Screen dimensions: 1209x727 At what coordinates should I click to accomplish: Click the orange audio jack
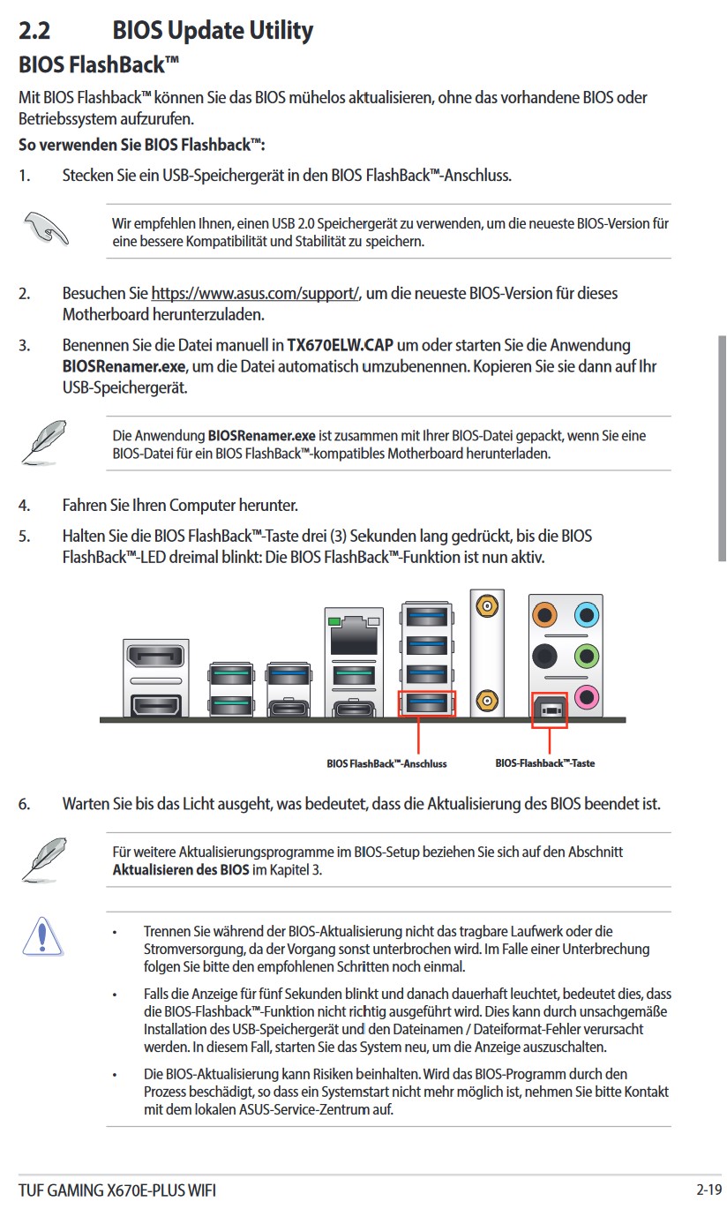(x=546, y=614)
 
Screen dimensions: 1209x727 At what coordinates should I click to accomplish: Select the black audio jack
(x=546, y=656)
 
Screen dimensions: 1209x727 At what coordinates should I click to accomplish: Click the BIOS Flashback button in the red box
(x=550, y=709)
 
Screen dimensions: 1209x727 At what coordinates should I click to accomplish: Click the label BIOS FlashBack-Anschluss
(x=386, y=763)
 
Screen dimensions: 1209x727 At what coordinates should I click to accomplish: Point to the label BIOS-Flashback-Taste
(x=544, y=763)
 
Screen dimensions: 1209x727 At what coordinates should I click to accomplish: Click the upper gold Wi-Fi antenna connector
(x=484, y=606)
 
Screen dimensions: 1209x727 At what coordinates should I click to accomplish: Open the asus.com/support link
(x=255, y=294)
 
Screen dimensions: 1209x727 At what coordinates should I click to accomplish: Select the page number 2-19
(x=708, y=1190)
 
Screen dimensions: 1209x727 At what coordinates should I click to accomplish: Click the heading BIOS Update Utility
(x=213, y=31)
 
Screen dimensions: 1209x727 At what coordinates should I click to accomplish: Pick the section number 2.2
(x=34, y=31)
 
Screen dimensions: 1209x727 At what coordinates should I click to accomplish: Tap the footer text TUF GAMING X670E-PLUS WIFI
(x=116, y=1190)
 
